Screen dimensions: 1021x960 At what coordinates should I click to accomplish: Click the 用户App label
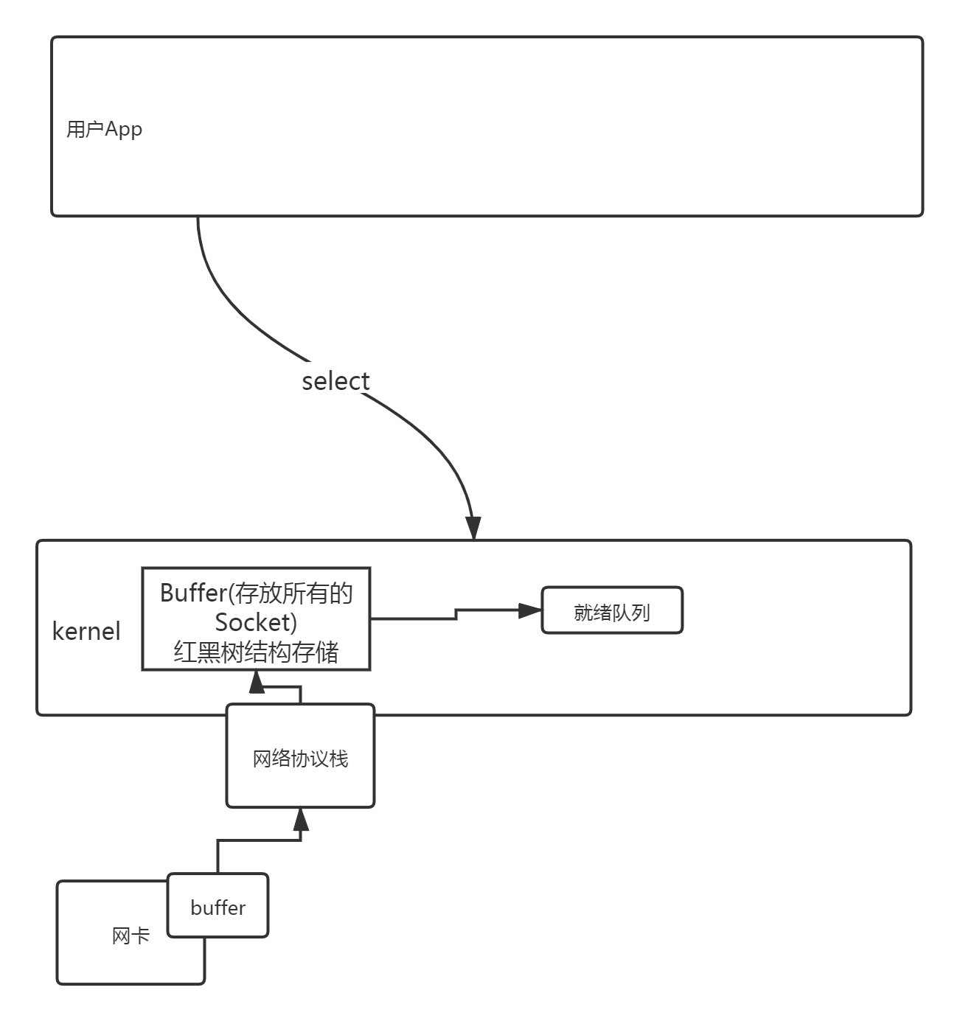pos(104,130)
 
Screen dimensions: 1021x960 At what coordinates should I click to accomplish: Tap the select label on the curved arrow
pos(335,380)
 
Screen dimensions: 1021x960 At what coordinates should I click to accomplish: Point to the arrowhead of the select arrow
pos(473,527)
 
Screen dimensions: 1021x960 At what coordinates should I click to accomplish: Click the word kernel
pos(86,631)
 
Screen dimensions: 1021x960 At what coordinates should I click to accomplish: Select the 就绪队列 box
pos(612,610)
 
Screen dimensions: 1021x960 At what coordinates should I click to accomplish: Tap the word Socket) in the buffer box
pos(256,622)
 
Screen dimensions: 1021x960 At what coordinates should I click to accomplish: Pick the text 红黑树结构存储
pos(256,652)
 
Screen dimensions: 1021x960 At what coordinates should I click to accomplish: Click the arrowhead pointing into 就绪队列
pos(530,610)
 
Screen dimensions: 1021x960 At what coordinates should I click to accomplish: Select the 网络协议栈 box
pos(300,759)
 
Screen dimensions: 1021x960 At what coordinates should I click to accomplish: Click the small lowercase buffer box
pos(218,907)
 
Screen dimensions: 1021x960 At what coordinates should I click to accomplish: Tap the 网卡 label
pos(131,936)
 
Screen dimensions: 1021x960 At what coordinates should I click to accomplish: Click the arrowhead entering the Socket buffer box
pos(257,682)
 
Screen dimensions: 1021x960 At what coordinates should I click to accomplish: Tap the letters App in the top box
pos(123,130)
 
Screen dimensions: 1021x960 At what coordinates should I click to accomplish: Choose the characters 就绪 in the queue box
pos(593,613)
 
